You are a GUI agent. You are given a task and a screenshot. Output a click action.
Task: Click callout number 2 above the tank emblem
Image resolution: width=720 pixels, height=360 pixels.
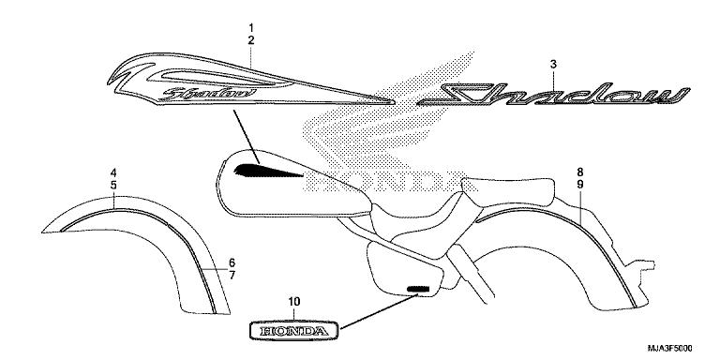(x=251, y=40)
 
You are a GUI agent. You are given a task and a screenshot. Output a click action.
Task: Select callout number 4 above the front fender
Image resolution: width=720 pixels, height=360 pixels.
(x=112, y=172)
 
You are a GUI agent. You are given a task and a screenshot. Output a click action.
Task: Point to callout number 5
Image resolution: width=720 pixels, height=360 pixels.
(x=112, y=187)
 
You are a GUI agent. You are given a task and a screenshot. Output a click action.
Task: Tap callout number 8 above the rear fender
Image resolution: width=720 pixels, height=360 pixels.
(x=580, y=172)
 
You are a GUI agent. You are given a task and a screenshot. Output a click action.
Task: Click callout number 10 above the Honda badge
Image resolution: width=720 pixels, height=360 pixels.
(x=293, y=301)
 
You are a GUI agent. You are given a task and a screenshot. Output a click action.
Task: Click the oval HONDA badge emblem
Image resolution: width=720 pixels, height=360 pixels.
(x=293, y=331)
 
